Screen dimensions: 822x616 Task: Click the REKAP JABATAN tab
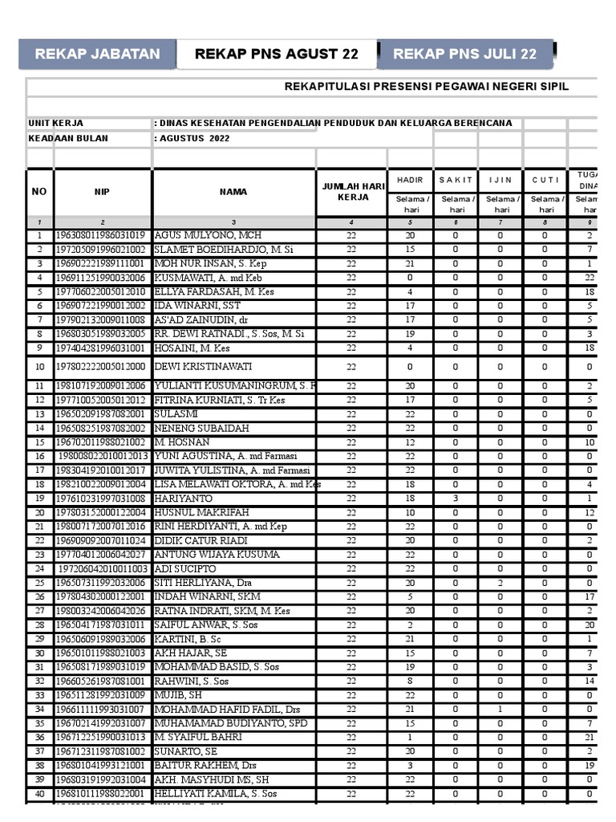[x=97, y=55]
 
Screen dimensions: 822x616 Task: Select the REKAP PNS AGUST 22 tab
[x=277, y=55]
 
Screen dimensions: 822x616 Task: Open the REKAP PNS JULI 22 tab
[x=464, y=55]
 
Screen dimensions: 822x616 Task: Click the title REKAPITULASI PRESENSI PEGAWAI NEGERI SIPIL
[x=427, y=87]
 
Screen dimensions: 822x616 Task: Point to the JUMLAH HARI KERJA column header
[x=351, y=192]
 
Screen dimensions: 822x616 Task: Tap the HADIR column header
[x=410, y=180]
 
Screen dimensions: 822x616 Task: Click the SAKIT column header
[x=456, y=180]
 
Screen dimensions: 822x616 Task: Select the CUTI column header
[x=545, y=180]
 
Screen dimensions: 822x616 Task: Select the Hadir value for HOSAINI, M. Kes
[x=410, y=348]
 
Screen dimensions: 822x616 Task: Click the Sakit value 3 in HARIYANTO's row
[x=456, y=498]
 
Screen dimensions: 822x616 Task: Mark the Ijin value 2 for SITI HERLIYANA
[x=500, y=583]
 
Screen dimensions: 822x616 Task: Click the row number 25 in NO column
[x=39, y=583]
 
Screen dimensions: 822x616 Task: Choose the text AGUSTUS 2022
[x=192, y=138]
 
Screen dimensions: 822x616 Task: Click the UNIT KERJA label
[x=56, y=124]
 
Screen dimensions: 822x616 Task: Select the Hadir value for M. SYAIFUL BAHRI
[x=410, y=737]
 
